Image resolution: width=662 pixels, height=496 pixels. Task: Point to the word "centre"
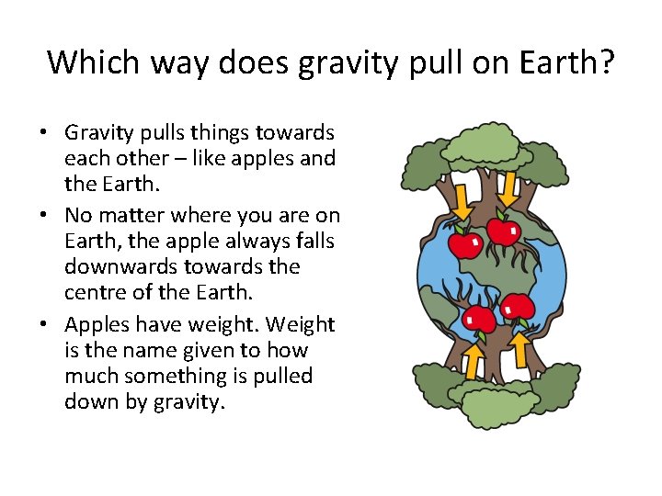pyautogui.click(x=96, y=292)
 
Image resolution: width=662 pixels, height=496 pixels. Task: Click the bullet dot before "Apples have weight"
pyautogui.click(x=44, y=325)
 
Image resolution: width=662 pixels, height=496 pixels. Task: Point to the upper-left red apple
pyautogui.click(x=464, y=243)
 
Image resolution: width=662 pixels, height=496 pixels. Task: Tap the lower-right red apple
pyautogui.click(x=518, y=308)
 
